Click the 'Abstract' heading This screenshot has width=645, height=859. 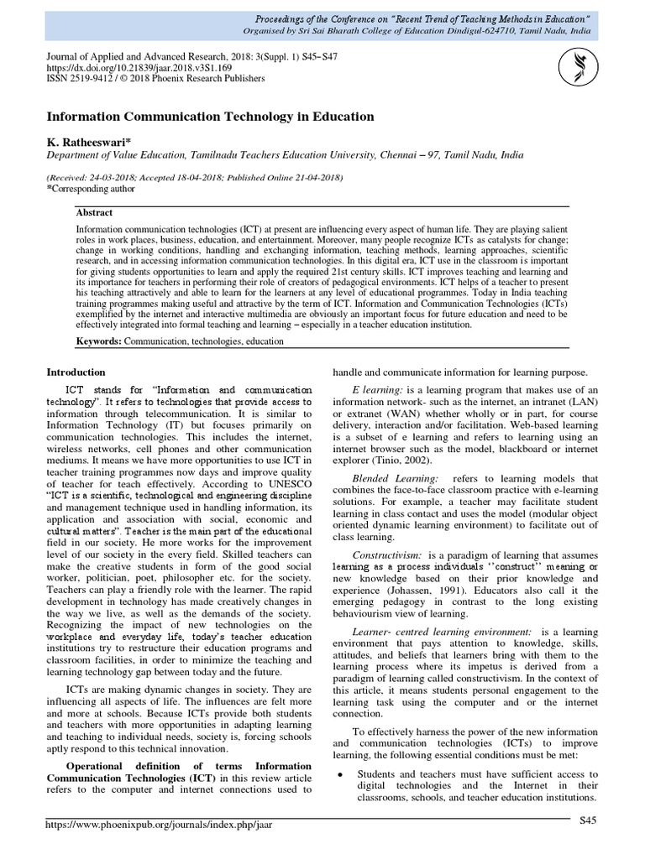(94, 213)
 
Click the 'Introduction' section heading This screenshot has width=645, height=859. (76, 372)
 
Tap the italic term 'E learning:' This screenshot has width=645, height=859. (378, 390)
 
